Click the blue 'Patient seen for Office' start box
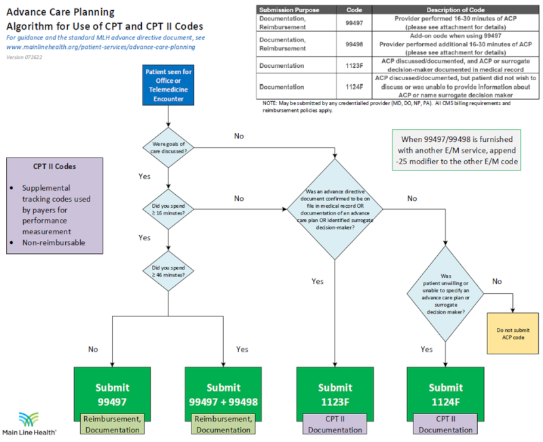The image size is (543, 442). coord(167,85)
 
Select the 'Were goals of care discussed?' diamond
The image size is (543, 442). coord(167,146)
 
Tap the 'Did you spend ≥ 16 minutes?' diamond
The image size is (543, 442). coord(167,210)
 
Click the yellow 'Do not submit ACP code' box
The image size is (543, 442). coord(512,333)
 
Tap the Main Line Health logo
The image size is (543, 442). coord(30,422)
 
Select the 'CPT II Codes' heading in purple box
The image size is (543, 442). coord(55,166)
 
